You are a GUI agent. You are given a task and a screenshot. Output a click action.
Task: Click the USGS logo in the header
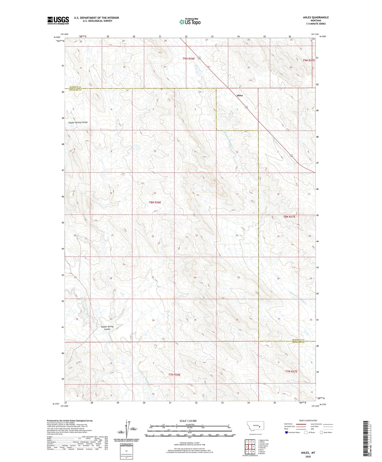click(58, 20)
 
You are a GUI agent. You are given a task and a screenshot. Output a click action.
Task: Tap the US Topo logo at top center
click(190, 22)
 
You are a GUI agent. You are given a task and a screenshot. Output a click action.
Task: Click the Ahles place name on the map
click(240, 96)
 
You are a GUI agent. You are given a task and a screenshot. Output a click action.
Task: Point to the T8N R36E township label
click(155, 202)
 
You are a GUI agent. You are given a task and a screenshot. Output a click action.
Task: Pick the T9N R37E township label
click(309, 60)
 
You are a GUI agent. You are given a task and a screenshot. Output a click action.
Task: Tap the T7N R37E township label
click(291, 372)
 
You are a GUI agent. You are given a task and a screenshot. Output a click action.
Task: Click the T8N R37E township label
click(289, 217)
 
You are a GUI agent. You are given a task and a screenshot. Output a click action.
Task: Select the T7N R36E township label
click(174, 375)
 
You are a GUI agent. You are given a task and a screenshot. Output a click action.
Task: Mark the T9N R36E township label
click(188, 58)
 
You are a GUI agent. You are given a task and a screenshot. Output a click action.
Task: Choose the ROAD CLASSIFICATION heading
click(308, 420)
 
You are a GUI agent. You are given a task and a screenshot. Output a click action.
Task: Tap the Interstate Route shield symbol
click(287, 432)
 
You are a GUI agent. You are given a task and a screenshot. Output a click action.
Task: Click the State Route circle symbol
click(321, 432)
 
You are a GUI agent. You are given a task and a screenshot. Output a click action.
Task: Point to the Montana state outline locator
click(255, 427)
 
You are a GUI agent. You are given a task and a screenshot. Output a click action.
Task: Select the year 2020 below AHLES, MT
click(308, 457)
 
